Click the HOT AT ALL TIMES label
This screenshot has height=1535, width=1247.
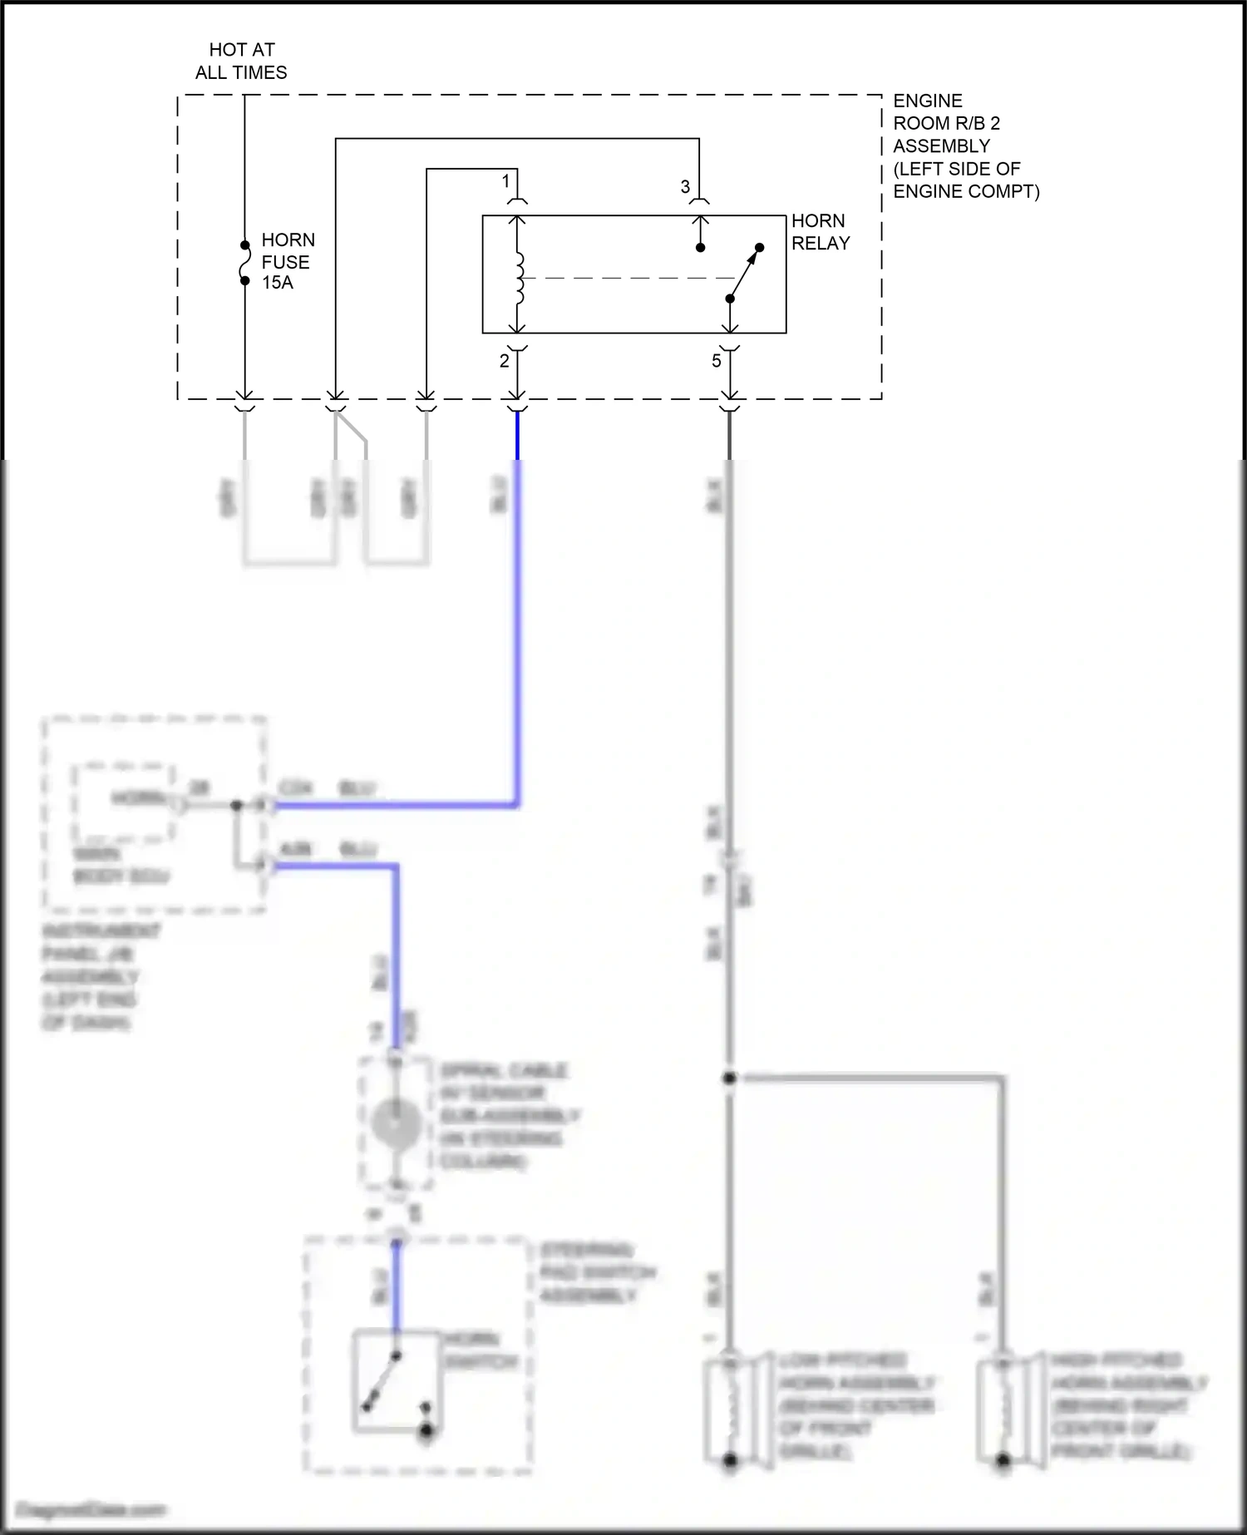(x=241, y=62)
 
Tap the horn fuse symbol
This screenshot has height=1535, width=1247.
(x=244, y=264)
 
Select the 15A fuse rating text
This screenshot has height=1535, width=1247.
(x=278, y=283)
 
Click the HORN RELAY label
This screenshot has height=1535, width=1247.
(x=820, y=232)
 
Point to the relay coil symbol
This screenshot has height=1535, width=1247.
(x=519, y=278)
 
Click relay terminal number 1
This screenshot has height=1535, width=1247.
(x=505, y=180)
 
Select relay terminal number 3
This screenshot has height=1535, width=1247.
(x=685, y=187)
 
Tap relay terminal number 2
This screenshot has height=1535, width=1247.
(x=504, y=361)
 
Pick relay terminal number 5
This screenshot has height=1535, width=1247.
(x=716, y=361)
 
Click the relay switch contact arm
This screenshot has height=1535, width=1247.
(x=745, y=273)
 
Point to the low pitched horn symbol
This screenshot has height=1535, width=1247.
(x=730, y=1409)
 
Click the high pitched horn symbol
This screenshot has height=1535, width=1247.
(x=1003, y=1409)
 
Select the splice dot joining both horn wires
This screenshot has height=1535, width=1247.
(x=729, y=1078)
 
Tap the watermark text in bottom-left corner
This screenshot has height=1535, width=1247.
(x=91, y=1508)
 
